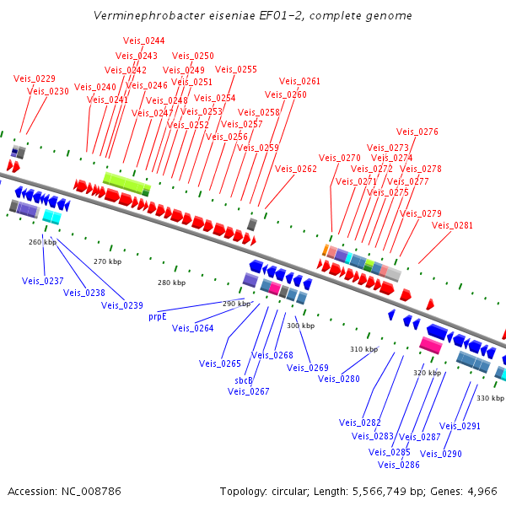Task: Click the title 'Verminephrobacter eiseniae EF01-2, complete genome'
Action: [x=253, y=16]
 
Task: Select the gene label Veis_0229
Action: [x=35, y=78]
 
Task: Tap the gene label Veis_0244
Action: [x=144, y=40]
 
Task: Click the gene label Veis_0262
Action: [x=296, y=169]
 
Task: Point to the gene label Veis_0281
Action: [x=453, y=225]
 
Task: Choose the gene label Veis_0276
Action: [x=417, y=132]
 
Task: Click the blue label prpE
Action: [x=158, y=317]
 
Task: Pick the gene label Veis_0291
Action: [x=460, y=426]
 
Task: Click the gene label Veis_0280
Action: [x=339, y=379]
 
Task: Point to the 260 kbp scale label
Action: [x=42, y=242]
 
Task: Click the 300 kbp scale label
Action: [x=300, y=326]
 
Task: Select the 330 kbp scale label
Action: [x=490, y=397]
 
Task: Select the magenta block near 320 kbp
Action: [x=431, y=346]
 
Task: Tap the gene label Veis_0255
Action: [x=236, y=69]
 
